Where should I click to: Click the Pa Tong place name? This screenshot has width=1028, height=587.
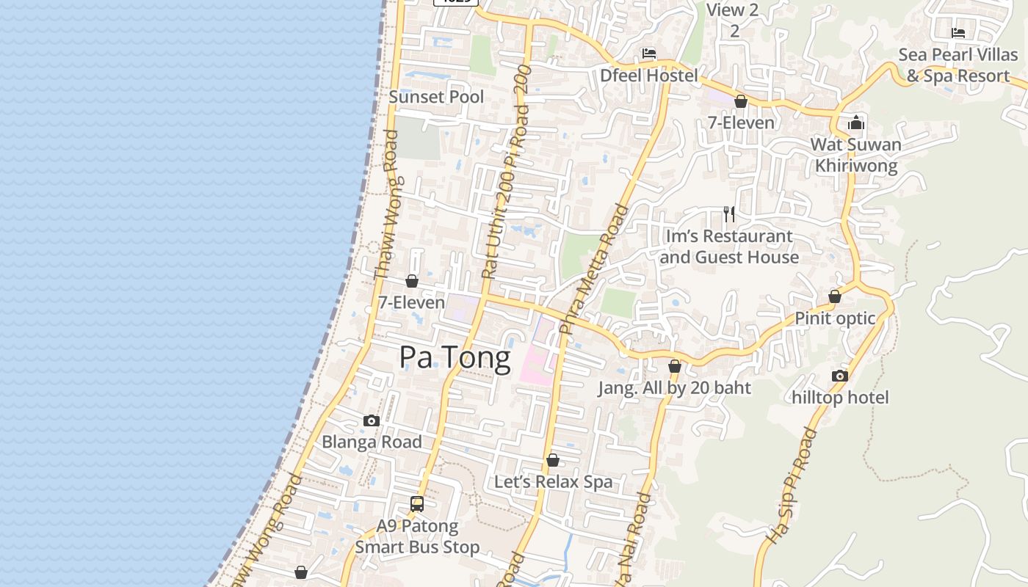click(x=455, y=357)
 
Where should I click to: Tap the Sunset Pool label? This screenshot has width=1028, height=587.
click(x=436, y=97)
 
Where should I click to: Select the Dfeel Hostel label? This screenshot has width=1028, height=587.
click(x=648, y=75)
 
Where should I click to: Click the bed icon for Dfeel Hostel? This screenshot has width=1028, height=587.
click(x=648, y=53)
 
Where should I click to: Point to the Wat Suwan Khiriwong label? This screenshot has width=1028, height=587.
click(x=855, y=155)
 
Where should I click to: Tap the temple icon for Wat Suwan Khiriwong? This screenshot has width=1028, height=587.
click(x=856, y=123)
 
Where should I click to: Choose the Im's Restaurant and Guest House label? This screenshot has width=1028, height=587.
click(x=728, y=247)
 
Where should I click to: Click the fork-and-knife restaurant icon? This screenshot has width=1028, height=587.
click(x=728, y=214)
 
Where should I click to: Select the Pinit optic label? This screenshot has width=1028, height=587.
click(x=835, y=318)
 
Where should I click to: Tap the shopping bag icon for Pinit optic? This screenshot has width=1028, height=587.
click(x=835, y=296)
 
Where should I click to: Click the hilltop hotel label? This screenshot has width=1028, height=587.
click(x=840, y=397)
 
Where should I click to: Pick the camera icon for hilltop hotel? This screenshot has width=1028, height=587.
click(x=840, y=376)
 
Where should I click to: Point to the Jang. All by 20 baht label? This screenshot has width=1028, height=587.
click(x=674, y=387)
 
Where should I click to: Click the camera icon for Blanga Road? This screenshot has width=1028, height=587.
click(x=372, y=420)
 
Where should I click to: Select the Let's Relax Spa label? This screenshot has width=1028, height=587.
click(x=553, y=481)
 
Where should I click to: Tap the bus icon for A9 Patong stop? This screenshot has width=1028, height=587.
click(x=417, y=504)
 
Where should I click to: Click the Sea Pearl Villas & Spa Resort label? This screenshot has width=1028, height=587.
click(x=958, y=65)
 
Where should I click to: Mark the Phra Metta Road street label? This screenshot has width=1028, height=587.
click(x=594, y=269)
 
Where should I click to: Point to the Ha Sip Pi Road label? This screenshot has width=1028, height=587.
click(x=791, y=486)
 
